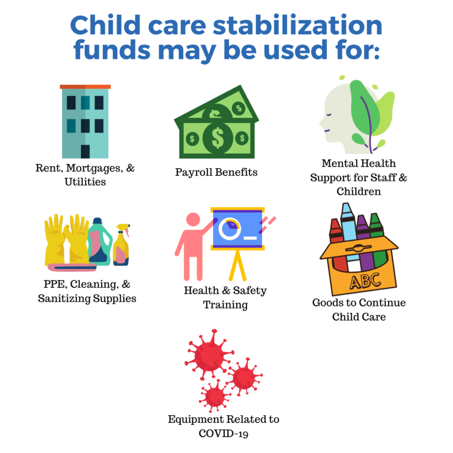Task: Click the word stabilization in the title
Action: [297, 25]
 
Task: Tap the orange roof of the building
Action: [85, 87]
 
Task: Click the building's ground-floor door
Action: [85, 152]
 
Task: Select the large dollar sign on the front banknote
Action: [217, 138]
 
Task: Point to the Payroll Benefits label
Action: [216, 172]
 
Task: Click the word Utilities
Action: [85, 182]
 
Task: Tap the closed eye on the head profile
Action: [329, 115]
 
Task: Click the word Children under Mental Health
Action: [358, 191]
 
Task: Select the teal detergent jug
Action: [100, 242]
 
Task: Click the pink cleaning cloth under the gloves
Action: [72, 267]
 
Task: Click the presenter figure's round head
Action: [193, 219]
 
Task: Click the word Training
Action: [225, 305]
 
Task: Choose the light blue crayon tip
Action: [346, 208]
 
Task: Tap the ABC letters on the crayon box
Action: [365, 280]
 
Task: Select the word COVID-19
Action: [223, 434]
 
